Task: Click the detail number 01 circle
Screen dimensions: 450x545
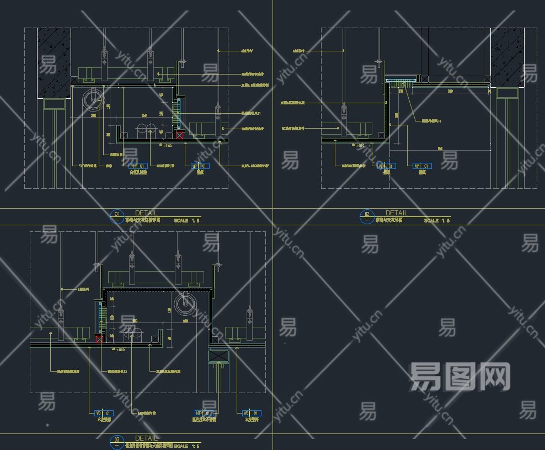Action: click(x=116, y=215)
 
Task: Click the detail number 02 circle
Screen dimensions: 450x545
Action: click(x=367, y=215)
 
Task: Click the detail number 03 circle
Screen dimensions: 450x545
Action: click(x=116, y=440)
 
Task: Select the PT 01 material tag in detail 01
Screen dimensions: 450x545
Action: click(x=137, y=166)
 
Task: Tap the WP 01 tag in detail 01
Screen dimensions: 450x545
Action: click(x=199, y=166)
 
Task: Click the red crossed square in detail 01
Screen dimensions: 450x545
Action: click(x=179, y=135)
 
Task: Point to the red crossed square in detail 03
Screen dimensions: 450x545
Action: click(x=99, y=338)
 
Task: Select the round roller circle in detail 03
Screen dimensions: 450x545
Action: click(x=184, y=304)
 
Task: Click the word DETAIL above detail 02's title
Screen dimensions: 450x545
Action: click(x=397, y=213)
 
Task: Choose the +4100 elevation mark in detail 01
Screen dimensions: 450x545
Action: click(x=167, y=146)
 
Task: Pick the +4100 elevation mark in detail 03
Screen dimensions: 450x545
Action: click(x=119, y=350)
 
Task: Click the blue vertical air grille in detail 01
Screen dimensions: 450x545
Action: click(x=179, y=113)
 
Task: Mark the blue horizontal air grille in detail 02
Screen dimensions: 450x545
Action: click(x=400, y=82)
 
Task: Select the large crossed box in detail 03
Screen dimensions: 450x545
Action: click(x=218, y=356)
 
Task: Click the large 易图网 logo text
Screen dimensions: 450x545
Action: click(x=460, y=377)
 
